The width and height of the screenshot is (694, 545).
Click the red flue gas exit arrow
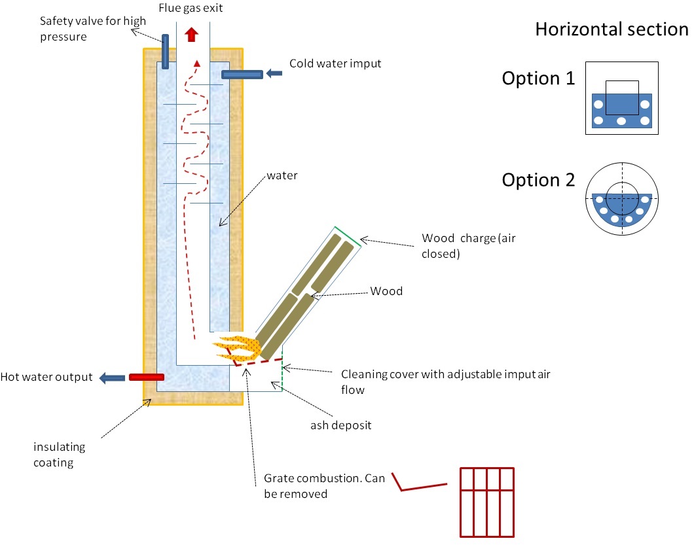coord(192,34)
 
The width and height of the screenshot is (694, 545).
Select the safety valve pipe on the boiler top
coord(165,53)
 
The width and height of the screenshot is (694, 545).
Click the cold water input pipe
coord(242,75)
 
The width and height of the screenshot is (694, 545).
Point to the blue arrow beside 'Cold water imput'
coord(274,74)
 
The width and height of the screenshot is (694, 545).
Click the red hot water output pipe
coord(146,377)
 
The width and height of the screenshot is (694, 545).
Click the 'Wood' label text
coord(386,291)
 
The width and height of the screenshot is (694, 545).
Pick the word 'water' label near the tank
coord(282,176)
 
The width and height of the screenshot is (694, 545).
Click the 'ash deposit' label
coord(341,425)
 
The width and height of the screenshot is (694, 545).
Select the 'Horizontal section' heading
coord(612,29)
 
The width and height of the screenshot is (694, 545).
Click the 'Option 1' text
coord(538,79)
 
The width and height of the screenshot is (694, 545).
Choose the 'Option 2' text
coord(538,180)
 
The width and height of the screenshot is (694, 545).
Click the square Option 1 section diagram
coord(621,98)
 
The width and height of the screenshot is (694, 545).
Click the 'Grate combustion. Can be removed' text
coord(321,485)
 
